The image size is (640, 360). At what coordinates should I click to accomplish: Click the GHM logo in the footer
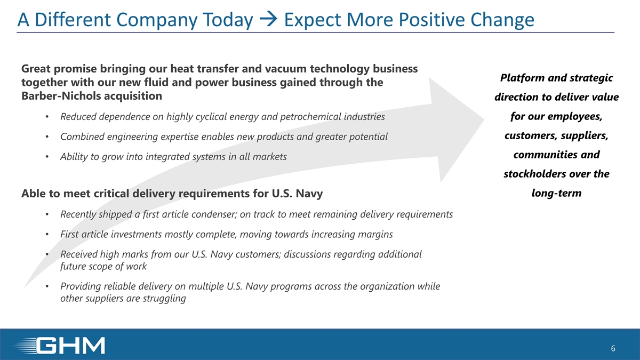[59, 346]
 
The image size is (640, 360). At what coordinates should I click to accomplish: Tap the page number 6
[613, 348]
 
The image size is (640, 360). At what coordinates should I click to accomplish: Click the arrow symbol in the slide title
[268, 19]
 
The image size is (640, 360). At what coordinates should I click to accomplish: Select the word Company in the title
[157, 20]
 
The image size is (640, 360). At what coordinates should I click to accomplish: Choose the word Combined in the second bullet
[82, 137]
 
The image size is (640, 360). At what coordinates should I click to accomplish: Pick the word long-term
[557, 193]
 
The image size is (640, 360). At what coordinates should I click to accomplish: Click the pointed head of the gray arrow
[483, 120]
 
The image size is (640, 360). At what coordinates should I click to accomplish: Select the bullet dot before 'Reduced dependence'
[47, 117]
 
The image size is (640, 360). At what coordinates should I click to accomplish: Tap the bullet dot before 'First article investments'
[47, 235]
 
